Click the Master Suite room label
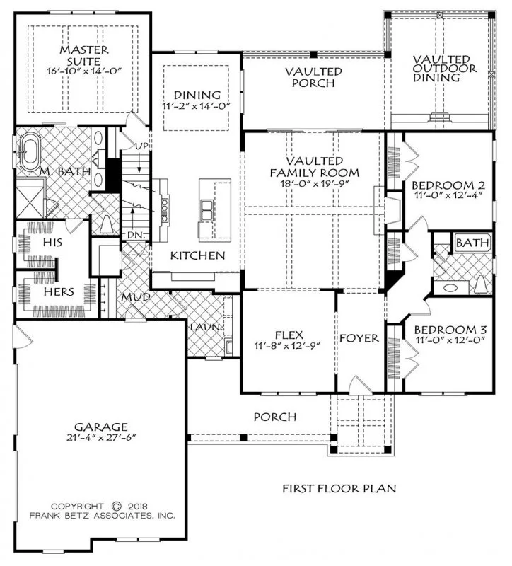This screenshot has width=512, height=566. click(84, 55)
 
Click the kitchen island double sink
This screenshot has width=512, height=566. click(206, 210)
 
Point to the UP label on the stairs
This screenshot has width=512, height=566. click(141, 146)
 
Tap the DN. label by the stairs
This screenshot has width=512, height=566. click(135, 235)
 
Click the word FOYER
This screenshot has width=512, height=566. click(359, 338)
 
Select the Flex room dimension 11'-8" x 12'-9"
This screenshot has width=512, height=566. click(288, 345)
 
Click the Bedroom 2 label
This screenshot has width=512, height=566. click(448, 185)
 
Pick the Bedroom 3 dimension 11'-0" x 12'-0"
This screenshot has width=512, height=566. click(449, 340)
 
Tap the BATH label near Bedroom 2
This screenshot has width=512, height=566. click(472, 243)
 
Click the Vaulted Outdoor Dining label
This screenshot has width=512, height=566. click(445, 68)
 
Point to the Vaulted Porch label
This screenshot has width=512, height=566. click(313, 77)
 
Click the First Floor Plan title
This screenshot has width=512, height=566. click(339, 488)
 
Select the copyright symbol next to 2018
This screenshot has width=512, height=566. click(116, 506)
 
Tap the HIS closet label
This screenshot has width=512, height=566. click(52, 242)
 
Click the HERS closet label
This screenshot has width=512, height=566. click(59, 291)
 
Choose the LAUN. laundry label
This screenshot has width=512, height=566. click(205, 328)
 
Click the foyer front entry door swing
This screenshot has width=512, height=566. click(361, 384)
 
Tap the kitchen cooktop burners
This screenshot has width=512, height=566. click(165, 208)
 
